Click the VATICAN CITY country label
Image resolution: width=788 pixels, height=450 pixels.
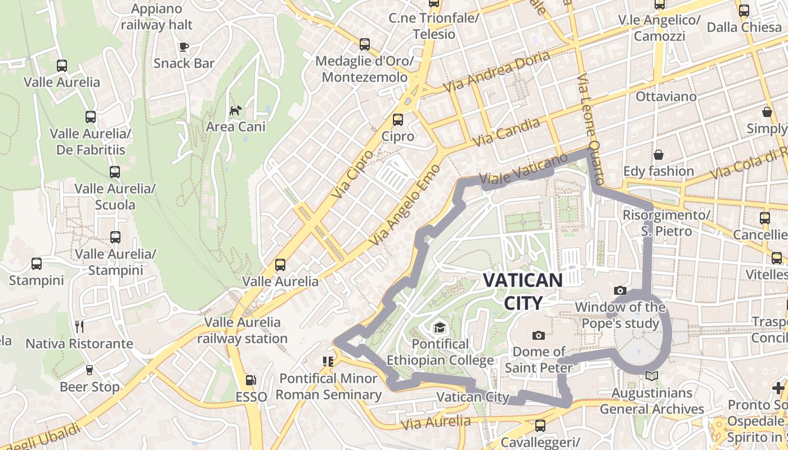[x=523, y=291]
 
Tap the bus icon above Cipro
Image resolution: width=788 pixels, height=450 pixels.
[x=398, y=119]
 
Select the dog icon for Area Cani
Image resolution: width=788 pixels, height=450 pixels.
[x=235, y=110]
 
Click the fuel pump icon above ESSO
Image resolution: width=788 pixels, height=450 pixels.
[x=251, y=380]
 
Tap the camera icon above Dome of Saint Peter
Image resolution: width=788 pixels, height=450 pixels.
[x=539, y=335]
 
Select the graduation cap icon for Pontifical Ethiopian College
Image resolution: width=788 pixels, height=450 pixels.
[x=439, y=327]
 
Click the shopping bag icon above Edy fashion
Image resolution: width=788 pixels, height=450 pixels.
[x=658, y=154]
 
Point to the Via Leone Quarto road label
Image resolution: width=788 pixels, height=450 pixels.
[x=591, y=129]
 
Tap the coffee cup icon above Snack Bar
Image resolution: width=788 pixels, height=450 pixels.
[x=183, y=47]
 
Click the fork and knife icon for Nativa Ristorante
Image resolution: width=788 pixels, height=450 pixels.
[x=79, y=326]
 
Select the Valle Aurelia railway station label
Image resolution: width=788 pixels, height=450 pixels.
[x=243, y=330]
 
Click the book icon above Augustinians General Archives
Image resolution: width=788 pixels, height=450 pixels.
[x=652, y=376]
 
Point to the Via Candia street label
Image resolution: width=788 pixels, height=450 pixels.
[x=507, y=133]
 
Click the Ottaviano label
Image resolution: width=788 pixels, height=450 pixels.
[x=666, y=96]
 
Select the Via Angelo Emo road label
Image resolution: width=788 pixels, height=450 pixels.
[x=401, y=208]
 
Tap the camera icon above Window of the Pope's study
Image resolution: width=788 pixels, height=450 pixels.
[x=620, y=290]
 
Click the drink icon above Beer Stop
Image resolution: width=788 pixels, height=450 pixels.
[x=89, y=370]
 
